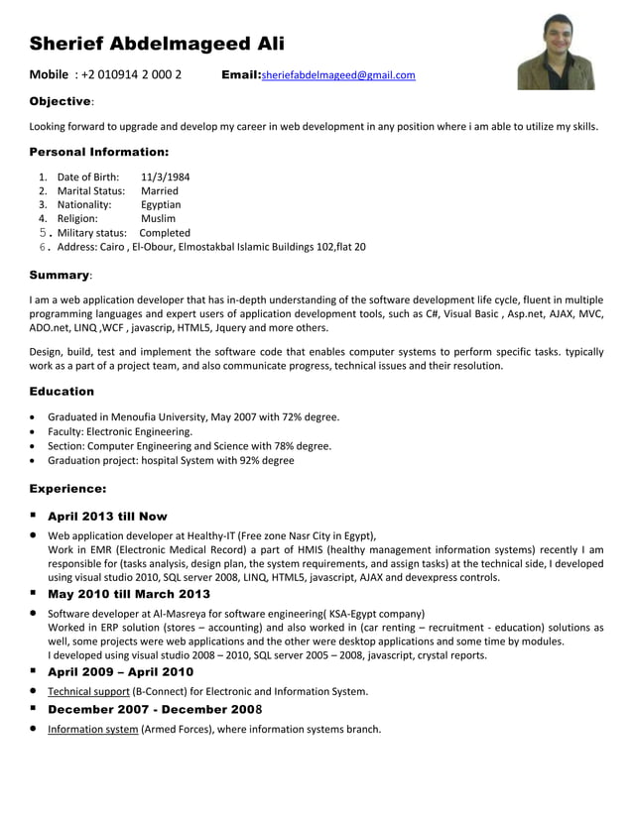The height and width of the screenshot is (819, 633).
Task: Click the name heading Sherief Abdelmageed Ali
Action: [157, 44]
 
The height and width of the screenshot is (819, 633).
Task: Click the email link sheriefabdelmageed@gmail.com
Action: [338, 75]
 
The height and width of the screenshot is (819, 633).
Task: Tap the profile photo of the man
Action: [556, 52]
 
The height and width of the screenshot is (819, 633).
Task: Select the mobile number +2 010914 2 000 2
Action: [132, 75]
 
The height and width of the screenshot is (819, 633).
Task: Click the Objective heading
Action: [61, 101]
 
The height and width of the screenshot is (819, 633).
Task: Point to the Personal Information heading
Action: [99, 153]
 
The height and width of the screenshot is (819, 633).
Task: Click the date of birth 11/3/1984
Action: [166, 177]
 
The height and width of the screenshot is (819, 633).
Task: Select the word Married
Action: [160, 191]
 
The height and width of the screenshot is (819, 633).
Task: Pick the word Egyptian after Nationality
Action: [161, 205]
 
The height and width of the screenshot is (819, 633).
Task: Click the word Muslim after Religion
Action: [158, 219]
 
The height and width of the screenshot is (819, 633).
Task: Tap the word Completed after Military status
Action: [165, 233]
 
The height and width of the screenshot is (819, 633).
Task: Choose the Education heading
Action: [62, 392]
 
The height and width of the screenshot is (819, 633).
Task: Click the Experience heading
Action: [67, 489]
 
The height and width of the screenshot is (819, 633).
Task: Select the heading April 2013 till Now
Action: [107, 517]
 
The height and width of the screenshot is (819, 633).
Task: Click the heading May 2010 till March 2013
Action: [129, 594]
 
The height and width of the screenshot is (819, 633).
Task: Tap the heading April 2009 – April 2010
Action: [120, 671]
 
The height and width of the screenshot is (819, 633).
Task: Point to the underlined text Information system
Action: [92, 730]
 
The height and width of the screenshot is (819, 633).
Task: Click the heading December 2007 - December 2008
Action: [155, 710]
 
